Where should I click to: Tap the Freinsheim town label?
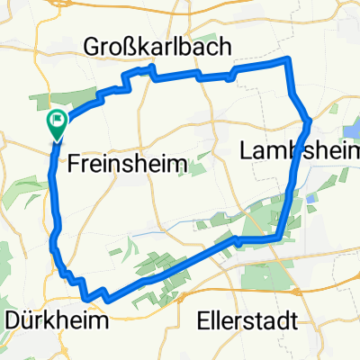pyautogui.click(x=127, y=164)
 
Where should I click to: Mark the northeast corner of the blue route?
pyautogui.click(x=288, y=59)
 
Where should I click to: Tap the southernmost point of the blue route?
pyautogui.click(x=87, y=299)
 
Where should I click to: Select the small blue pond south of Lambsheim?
pyautogui.click(x=310, y=197)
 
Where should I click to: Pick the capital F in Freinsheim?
pyautogui.click(x=75, y=164)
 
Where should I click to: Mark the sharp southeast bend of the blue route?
pyautogui.click(x=282, y=238)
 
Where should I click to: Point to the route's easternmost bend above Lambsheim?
pyautogui.click(x=308, y=118)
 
